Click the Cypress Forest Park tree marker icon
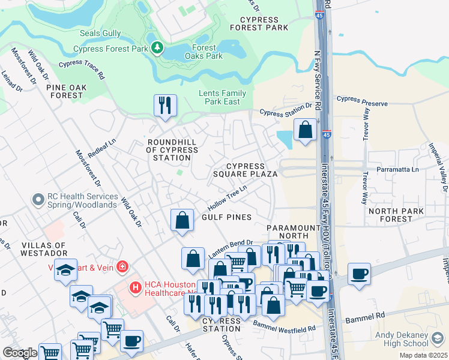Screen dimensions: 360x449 tap(157, 47)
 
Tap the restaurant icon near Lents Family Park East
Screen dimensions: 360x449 tap(164, 105)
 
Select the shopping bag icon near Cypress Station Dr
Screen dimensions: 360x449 tap(305, 129)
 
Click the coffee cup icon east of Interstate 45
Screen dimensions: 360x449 tap(359, 273)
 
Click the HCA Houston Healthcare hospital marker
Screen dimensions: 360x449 tap(135, 288)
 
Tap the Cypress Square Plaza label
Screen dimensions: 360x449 tap(246, 170)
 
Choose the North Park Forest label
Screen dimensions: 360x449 tap(399, 215)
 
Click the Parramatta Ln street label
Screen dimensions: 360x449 tap(397, 170)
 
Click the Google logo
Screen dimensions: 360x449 tap(20, 353)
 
